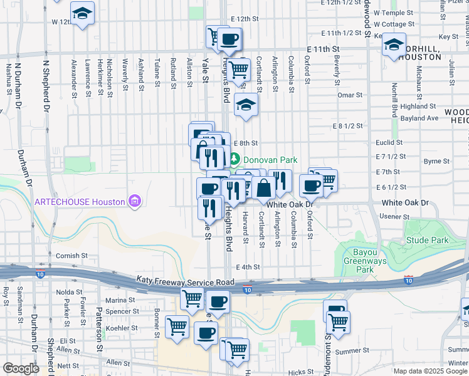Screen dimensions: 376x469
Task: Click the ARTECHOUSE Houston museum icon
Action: coord(134,201)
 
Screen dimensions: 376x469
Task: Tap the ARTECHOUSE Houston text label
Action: coord(80,201)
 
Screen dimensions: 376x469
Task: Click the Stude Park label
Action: coord(427,240)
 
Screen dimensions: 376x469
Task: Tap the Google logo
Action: coord(21,368)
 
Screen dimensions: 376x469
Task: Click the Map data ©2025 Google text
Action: coord(430,371)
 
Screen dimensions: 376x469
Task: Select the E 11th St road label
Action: coord(323,48)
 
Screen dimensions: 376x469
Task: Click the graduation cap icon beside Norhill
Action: coord(394,45)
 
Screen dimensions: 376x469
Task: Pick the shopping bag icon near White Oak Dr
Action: coord(264,187)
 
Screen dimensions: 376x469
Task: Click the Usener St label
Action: coord(394,216)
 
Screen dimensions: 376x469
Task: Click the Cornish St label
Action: coord(71,256)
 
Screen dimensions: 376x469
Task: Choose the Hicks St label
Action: coord(301,372)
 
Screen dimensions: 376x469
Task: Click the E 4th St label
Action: coord(248,267)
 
